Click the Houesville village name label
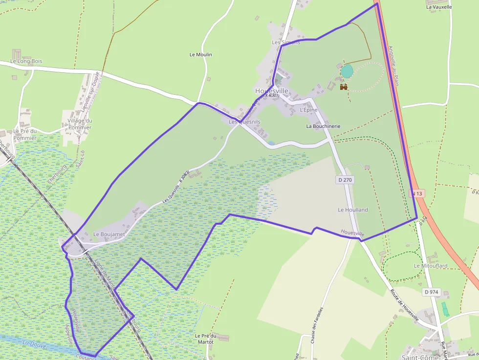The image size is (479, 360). [272, 91]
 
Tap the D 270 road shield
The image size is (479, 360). [345, 180]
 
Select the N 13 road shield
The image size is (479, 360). [416, 193]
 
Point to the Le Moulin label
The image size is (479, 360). [200, 55]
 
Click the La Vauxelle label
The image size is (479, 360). [439, 7]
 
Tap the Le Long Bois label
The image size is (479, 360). [26, 61]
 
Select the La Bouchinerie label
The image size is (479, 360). [323, 126]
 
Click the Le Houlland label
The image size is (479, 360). [353, 210]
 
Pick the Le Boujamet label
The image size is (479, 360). [109, 234]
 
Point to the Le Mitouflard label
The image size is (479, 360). [431, 266]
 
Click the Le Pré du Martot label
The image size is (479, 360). [205, 339]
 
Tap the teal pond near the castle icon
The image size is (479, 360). [347, 72]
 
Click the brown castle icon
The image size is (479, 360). [344, 87]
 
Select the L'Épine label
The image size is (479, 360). [308, 110]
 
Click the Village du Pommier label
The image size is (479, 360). [80, 124]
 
